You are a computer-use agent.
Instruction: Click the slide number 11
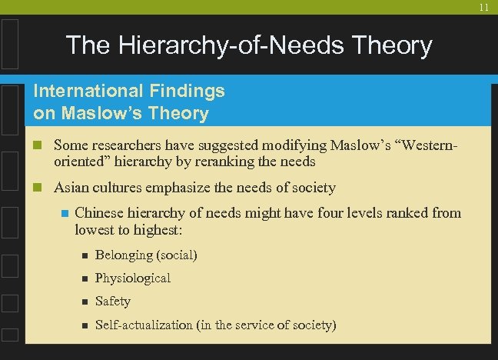click(x=484, y=7)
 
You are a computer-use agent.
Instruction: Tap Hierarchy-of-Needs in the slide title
click(x=212, y=46)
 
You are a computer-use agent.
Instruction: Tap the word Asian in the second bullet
click(x=71, y=187)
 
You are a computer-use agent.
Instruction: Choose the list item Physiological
click(x=133, y=278)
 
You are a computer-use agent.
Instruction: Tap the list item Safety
click(x=113, y=301)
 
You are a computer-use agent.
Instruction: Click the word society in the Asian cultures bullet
click(x=311, y=187)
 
